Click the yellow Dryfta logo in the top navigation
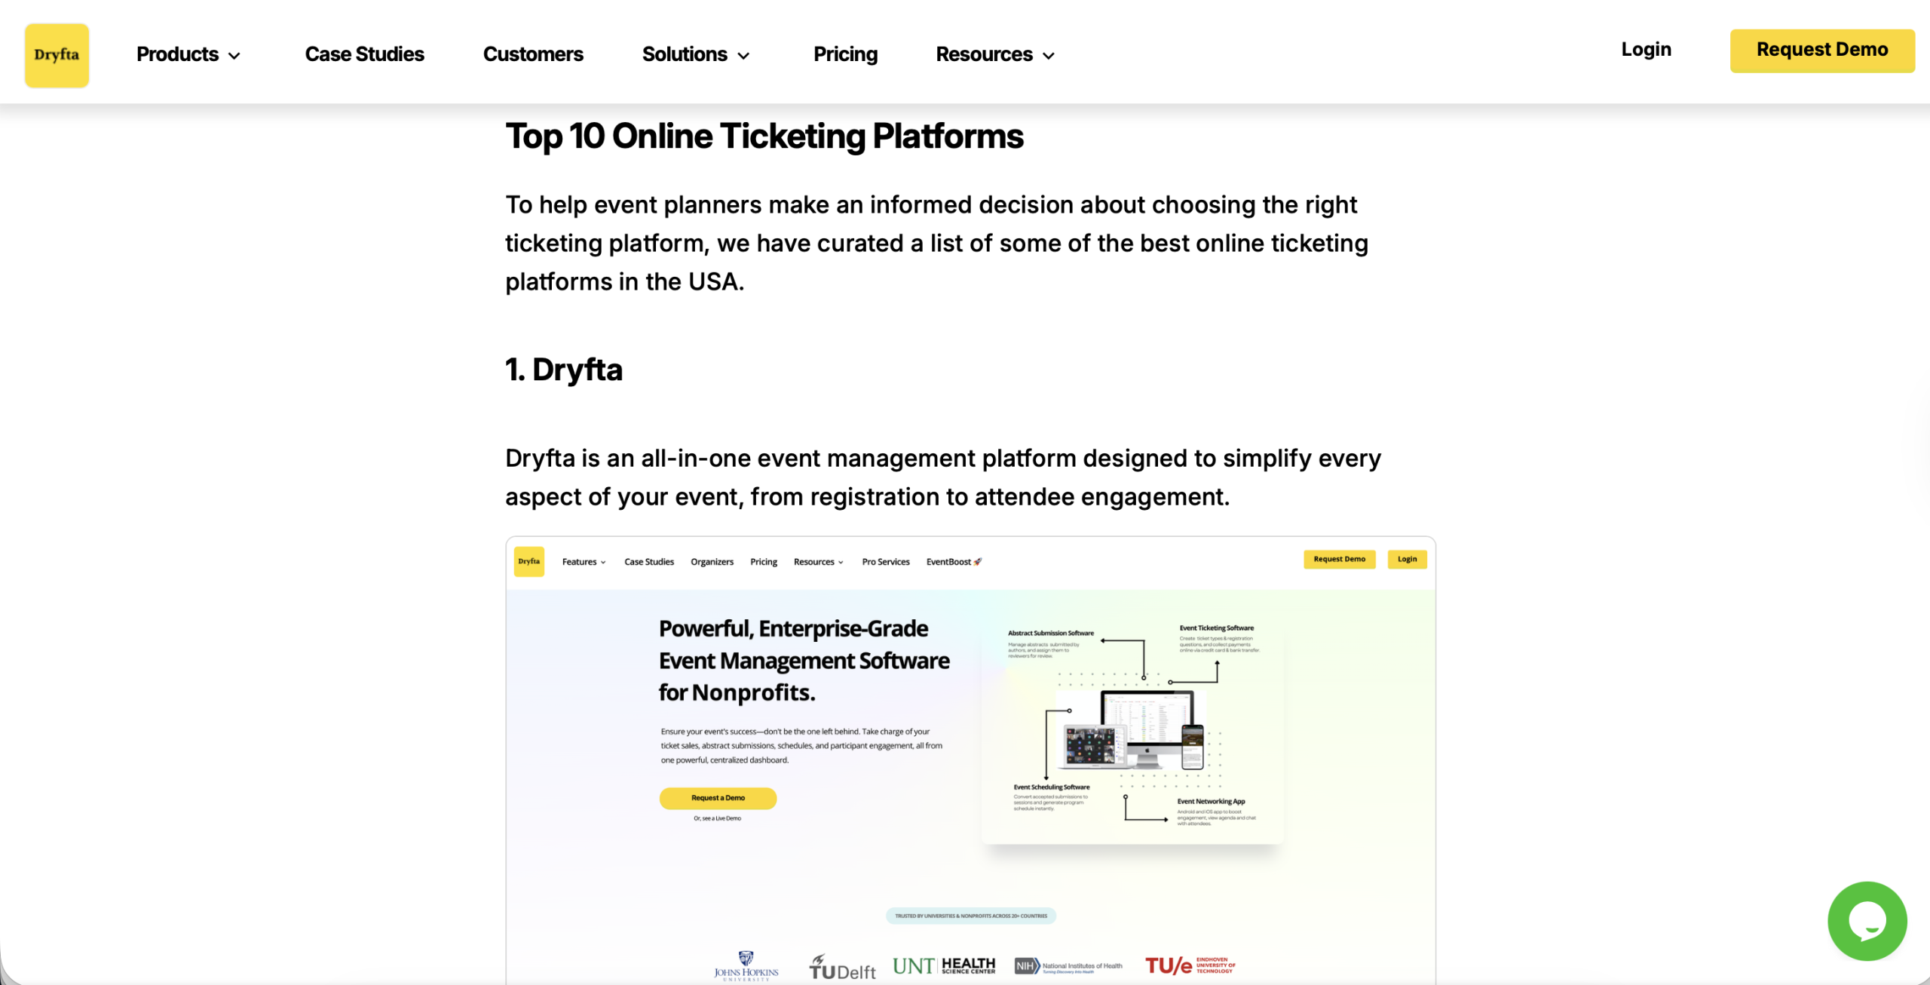click(57, 55)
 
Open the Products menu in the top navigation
click(188, 54)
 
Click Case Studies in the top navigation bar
click(364, 54)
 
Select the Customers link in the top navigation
click(533, 54)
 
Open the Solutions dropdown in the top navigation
click(695, 54)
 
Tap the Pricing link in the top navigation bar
click(845, 54)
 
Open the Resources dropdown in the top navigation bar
click(994, 54)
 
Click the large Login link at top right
click(1646, 50)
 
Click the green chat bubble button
click(1867, 920)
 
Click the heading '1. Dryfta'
click(564, 370)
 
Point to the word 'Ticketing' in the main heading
click(792, 137)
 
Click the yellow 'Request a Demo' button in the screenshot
click(718, 798)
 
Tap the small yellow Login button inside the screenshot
click(1407, 560)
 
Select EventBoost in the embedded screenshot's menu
click(954, 562)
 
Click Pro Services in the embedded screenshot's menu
click(886, 562)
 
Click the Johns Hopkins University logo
click(746, 965)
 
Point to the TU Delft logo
click(842, 967)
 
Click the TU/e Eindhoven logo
click(1190, 965)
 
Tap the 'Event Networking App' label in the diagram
click(1211, 802)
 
